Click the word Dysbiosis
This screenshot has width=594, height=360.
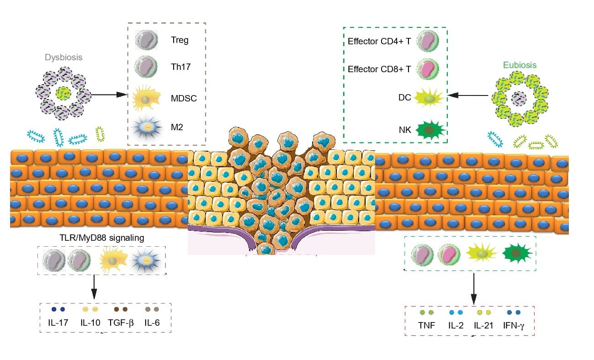tap(63, 58)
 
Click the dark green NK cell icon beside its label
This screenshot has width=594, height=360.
tap(428, 130)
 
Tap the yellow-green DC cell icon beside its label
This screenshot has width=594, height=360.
tap(428, 97)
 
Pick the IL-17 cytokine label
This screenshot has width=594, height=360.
tap(57, 322)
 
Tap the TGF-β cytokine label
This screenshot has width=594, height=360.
tap(121, 322)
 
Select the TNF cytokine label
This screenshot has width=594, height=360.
tap(427, 326)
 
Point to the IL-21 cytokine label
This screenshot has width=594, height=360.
tap(483, 326)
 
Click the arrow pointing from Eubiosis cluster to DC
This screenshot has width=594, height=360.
tap(469, 95)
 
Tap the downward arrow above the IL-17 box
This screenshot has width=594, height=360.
tap(93, 287)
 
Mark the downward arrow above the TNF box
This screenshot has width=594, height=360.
tap(474, 288)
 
